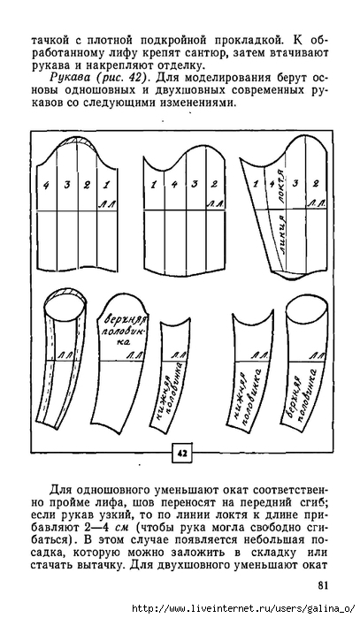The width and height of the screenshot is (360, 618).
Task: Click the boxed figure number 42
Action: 182,454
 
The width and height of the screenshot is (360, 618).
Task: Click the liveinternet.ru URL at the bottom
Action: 244,609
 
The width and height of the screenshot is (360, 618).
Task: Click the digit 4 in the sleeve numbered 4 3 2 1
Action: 47,185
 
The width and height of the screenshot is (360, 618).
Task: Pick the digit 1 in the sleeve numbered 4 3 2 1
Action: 106,184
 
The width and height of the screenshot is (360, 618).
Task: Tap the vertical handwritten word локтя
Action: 281,187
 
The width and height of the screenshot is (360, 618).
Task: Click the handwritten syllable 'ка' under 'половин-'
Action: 123,342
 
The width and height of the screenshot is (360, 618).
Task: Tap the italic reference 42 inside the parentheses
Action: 133,77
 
